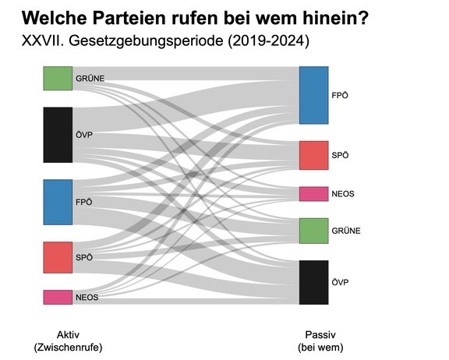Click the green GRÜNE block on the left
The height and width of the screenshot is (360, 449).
58,79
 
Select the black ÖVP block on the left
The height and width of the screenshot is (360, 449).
58,135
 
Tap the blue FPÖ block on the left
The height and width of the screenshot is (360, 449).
58,202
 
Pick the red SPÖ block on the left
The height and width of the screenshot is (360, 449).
58,257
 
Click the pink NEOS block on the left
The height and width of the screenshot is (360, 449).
58,297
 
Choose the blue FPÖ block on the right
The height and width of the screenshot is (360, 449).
313,95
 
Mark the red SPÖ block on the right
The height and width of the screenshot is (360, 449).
313,155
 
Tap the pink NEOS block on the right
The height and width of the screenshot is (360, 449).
313,194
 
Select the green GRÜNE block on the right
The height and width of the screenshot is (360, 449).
313,231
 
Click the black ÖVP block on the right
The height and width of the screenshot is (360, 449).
313,282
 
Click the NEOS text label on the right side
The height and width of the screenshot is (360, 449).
345,194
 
